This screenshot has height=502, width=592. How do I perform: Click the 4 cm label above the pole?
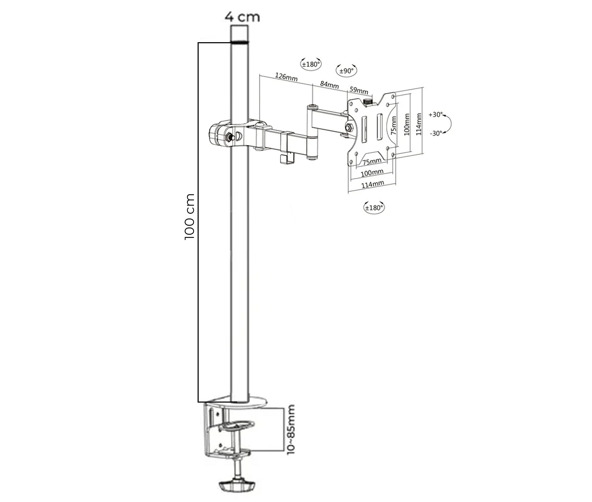click(x=242, y=17)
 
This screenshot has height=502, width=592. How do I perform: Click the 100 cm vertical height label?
click(x=189, y=217)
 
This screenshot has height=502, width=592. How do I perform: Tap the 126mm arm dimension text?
click(x=286, y=77)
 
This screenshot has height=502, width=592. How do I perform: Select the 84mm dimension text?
click(x=330, y=85)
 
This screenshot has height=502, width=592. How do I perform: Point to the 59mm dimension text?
click(x=359, y=90)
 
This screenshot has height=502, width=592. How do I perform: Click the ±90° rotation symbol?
click(x=346, y=71)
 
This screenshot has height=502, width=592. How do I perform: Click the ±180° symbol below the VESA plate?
click(x=374, y=207)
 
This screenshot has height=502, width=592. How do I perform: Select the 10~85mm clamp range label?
click(x=291, y=429)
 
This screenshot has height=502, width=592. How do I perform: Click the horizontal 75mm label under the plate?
click(x=372, y=161)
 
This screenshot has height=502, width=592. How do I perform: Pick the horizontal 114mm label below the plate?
click(x=373, y=184)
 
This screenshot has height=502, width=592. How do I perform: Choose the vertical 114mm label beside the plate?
click(x=418, y=124)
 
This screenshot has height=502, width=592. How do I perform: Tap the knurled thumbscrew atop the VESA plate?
click(x=368, y=102)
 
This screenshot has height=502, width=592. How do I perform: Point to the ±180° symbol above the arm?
click(x=311, y=64)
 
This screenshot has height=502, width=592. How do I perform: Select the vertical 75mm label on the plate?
click(x=394, y=125)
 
